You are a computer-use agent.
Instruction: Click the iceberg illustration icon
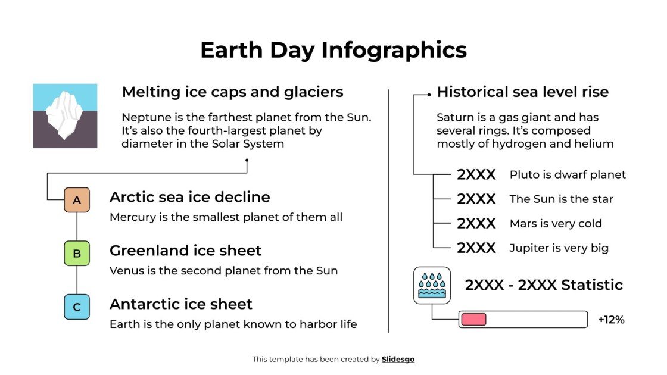coord(65,115)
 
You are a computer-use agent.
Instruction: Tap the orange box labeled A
coord(77,200)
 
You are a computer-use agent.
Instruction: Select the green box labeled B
coord(77,254)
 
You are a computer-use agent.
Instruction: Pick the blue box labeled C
coord(77,307)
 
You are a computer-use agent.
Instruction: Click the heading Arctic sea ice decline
coord(189,197)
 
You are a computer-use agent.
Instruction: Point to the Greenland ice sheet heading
coord(185,251)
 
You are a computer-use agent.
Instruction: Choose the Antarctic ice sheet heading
coord(180,304)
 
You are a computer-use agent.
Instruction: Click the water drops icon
coord(432,285)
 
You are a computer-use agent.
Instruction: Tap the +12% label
coord(611,320)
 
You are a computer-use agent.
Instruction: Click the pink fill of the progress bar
coord(473,320)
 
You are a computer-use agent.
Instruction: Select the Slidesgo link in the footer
coord(398,359)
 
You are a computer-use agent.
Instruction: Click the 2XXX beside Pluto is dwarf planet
coord(476,175)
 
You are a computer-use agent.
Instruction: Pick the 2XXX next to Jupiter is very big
coord(476,248)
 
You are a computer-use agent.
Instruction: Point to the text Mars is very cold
coord(556,224)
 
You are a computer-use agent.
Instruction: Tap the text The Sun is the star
coord(561,199)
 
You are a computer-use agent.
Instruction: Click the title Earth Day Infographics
coord(333,50)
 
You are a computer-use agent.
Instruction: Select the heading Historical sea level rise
coord(522,92)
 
